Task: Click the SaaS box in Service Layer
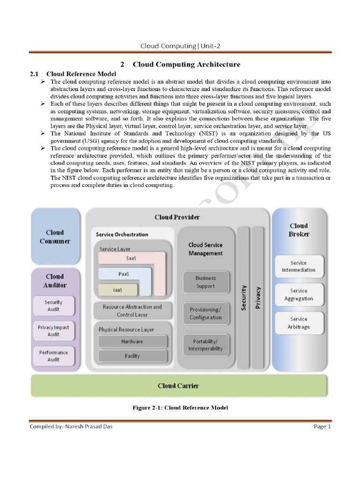coord(131,258)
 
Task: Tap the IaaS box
coord(118,290)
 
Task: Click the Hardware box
coord(132,341)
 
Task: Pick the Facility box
coord(132,356)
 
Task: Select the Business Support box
coord(205,282)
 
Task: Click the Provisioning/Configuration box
coord(205,314)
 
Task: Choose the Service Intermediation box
coord(299,267)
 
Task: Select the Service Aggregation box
coord(299,295)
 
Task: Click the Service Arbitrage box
coord(299,323)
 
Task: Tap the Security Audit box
coord(53,306)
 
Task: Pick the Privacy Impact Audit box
coord(53,331)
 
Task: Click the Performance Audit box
coord(53,356)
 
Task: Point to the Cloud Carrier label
coord(178,386)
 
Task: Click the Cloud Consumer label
coord(55,237)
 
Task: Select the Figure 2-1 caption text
coord(180,408)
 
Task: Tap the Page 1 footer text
coord(322,427)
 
